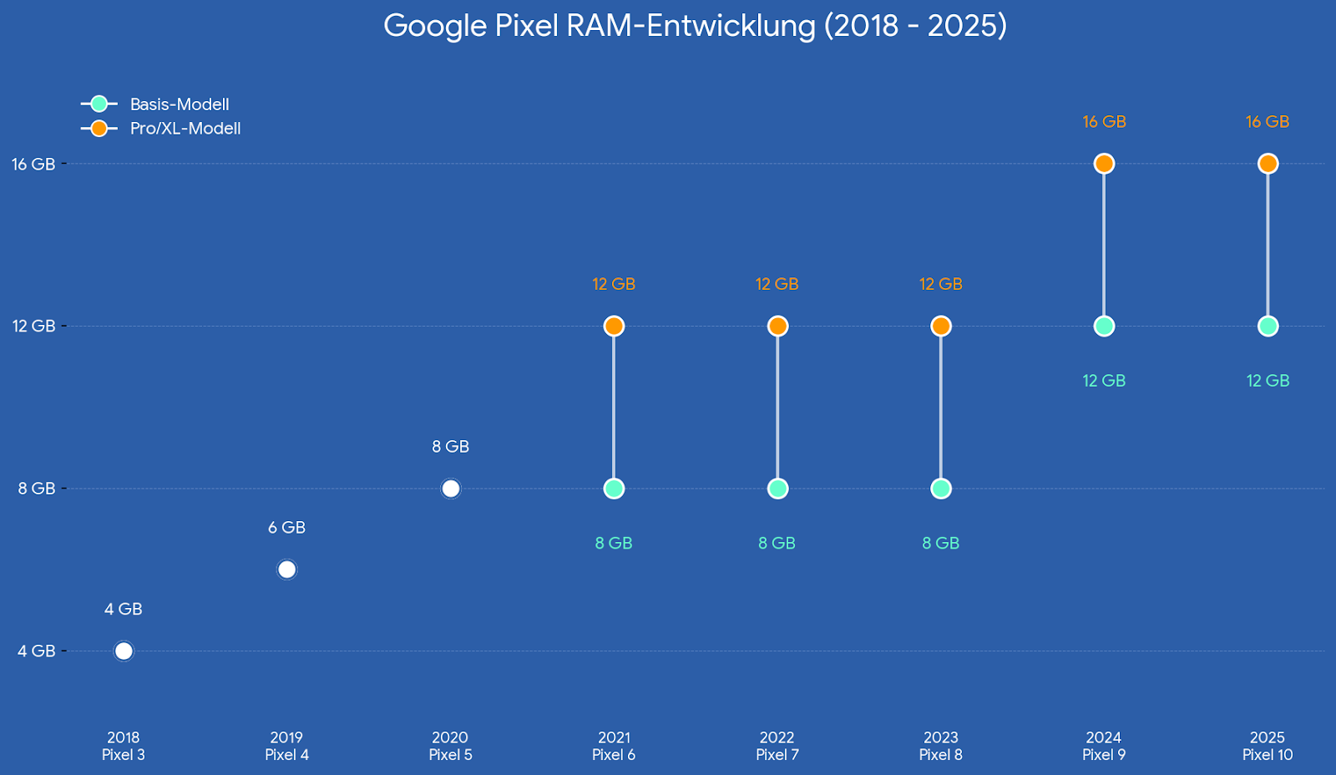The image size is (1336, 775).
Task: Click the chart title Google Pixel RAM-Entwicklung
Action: coord(695,26)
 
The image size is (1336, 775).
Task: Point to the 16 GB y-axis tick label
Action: coord(33,165)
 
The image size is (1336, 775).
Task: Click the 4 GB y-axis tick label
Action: coord(37,651)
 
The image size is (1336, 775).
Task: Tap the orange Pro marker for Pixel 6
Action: coord(614,326)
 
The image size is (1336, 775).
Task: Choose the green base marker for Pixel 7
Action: coord(777,489)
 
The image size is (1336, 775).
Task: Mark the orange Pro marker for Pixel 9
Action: coord(1104,164)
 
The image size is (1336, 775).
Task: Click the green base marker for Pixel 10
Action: coord(1268,326)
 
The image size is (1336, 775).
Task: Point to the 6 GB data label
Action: coord(286,528)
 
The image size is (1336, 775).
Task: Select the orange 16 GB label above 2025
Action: coord(1268,122)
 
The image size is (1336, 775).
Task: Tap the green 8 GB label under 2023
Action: coord(940,544)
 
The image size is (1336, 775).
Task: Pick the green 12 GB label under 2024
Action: coord(1104,381)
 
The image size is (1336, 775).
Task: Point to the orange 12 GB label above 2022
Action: coord(777,284)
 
